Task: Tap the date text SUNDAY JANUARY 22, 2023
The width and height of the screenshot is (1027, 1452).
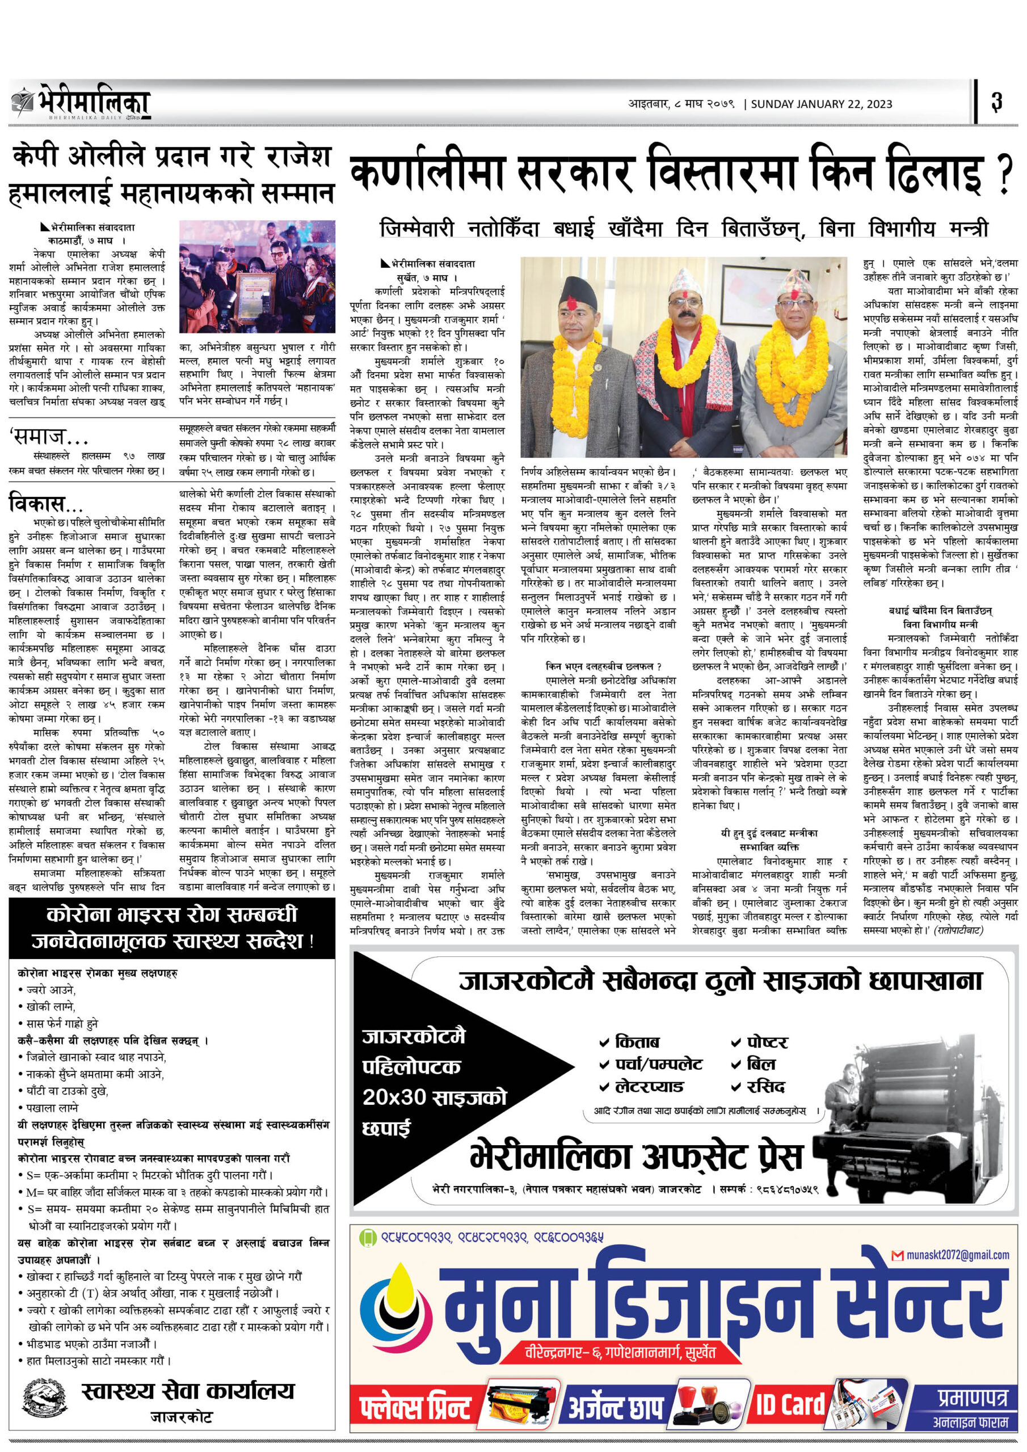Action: [822, 104]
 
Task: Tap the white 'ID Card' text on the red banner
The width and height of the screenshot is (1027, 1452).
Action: [790, 1404]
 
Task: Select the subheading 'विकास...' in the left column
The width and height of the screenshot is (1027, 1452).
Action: [45, 504]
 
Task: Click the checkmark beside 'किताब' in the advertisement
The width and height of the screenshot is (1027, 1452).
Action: [605, 1041]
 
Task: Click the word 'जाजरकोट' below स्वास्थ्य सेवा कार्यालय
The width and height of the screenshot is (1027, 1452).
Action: [181, 1417]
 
